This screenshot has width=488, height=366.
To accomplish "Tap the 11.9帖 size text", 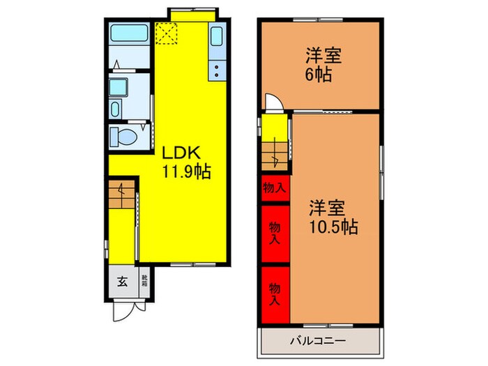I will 187,171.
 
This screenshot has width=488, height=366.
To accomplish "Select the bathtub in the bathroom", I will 129,33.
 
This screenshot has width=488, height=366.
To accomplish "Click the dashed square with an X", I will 167,33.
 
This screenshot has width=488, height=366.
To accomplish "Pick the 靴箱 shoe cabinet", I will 145,282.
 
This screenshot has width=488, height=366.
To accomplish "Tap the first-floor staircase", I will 123,195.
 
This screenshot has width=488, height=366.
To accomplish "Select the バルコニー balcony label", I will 318,342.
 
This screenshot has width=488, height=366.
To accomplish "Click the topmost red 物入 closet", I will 275,188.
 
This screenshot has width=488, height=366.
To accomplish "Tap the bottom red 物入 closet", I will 275,293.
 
